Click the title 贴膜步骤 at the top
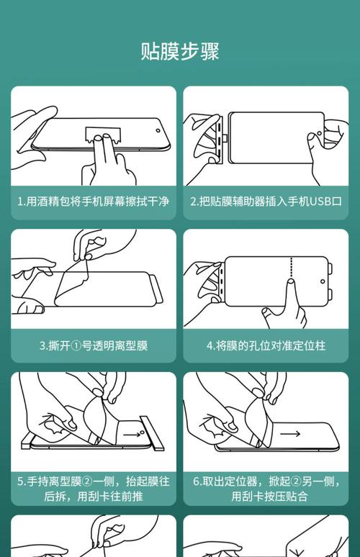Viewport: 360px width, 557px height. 179,52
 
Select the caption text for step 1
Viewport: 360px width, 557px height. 94,201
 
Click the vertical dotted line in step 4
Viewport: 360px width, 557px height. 290,271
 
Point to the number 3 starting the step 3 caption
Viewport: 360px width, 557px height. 42,345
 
